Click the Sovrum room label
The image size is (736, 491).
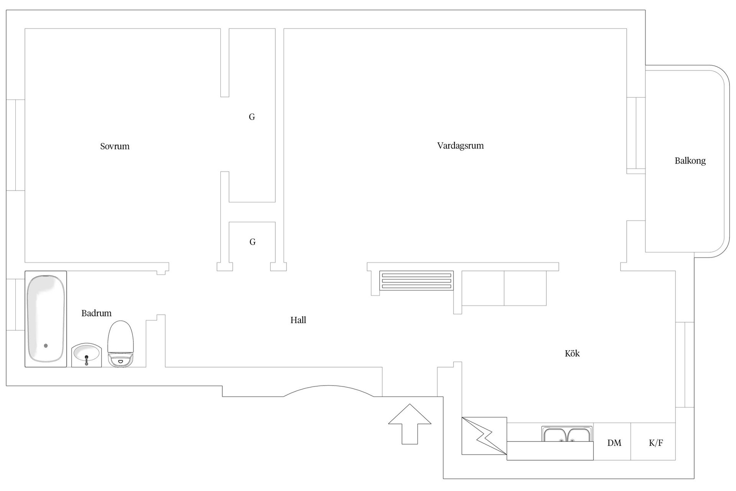click(x=115, y=146)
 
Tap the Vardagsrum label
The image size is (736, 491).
click(x=460, y=146)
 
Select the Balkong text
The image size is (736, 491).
click(x=690, y=161)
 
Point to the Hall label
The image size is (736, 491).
click(x=298, y=320)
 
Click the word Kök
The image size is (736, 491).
click(x=572, y=353)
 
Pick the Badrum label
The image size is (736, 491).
click(x=96, y=313)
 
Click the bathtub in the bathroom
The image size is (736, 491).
click(x=46, y=319)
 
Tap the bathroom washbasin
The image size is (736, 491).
click(x=86, y=355)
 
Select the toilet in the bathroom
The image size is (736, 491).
click(x=120, y=344)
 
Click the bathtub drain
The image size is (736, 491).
click(x=46, y=346)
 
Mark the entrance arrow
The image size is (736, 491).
click(x=410, y=424)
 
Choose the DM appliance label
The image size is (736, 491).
click(x=614, y=443)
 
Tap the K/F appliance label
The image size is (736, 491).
click(x=656, y=443)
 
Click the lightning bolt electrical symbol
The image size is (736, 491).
click(x=484, y=436)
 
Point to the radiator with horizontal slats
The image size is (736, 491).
click(x=416, y=281)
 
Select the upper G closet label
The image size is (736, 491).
click(x=252, y=117)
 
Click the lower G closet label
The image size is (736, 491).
click(x=252, y=242)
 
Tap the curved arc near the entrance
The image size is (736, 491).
click(x=329, y=386)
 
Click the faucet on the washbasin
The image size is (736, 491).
click(x=86, y=360)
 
